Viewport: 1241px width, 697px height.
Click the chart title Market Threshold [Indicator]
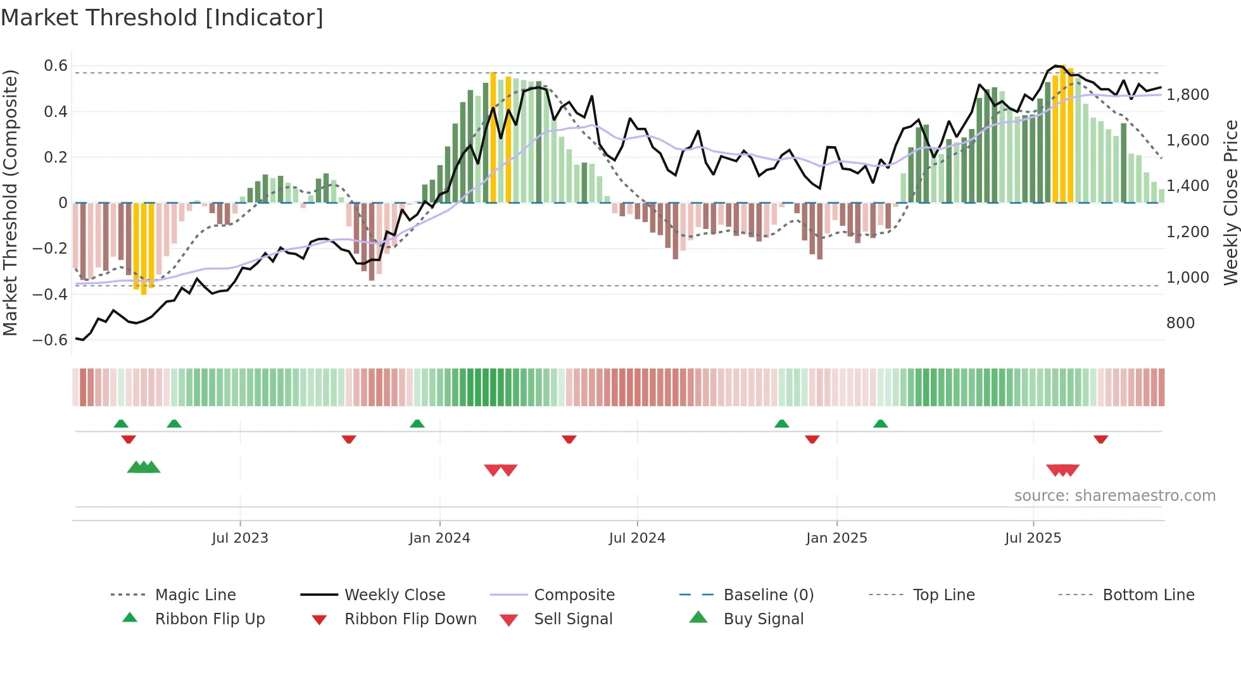pyautogui.click(x=162, y=18)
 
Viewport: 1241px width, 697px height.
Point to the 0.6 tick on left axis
pyautogui.click(x=56, y=66)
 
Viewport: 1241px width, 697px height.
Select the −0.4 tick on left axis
pyautogui.click(x=50, y=294)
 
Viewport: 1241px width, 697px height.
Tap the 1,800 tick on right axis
pyautogui.click(x=1187, y=95)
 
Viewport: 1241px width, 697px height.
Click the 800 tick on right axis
pyautogui.click(x=1180, y=323)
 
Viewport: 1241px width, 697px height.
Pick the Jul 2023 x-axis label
pyautogui.click(x=240, y=538)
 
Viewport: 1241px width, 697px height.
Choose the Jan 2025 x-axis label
pyautogui.click(x=836, y=538)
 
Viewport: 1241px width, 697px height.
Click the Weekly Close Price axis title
pyautogui.click(x=1230, y=202)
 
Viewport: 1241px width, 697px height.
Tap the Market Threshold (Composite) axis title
pyautogui.click(x=10, y=202)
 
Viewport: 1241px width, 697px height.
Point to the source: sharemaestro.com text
pyautogui.click(x=1114, y=496)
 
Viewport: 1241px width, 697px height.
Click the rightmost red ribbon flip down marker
pyautogui.click(x=1100, y=439)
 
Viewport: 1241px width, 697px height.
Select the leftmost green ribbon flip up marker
pyautogui.click(x=121, y=424)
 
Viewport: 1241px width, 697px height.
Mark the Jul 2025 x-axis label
pyautogui.click(x=1033, y=538)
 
